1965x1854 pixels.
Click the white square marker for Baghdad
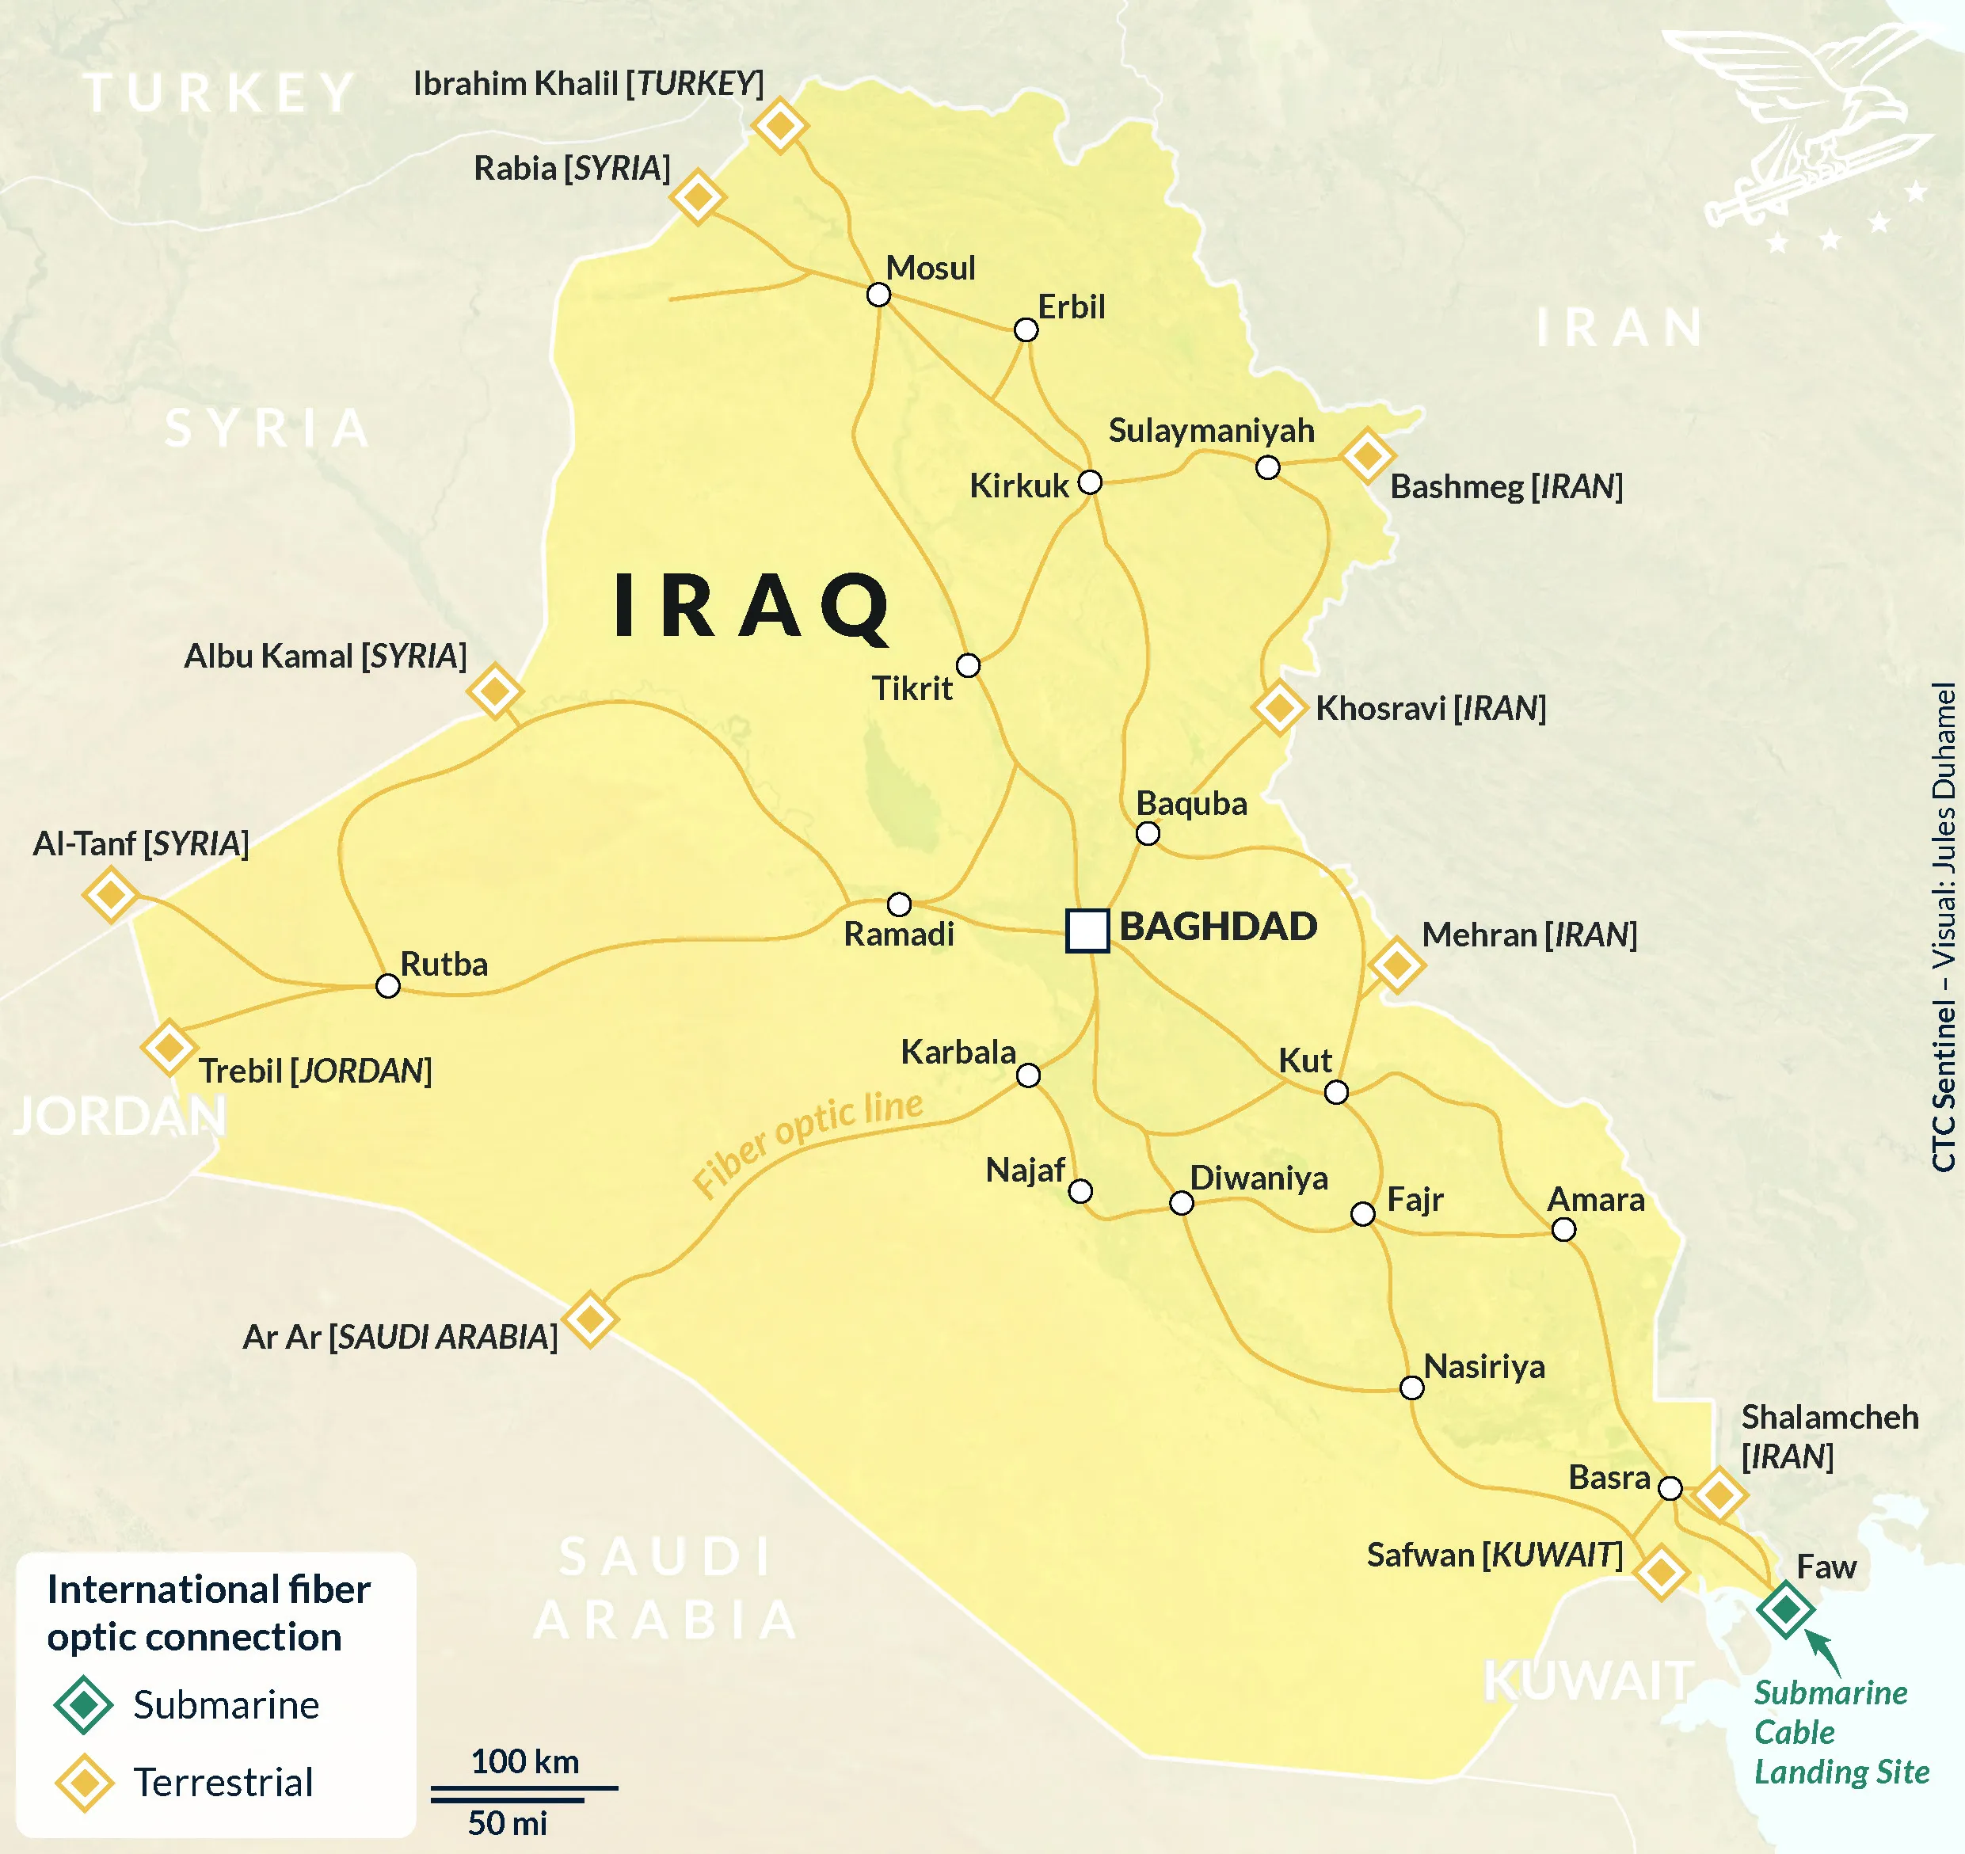(x=1087, y=930)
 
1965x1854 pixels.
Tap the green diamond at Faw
(x=1785, y=1610)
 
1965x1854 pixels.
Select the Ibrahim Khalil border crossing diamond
(x=780, y=125)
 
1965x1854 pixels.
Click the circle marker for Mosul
(x=878, y=295)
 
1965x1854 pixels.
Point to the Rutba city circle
(x=388, y=985)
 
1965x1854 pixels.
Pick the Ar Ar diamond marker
(x=590, y=1319)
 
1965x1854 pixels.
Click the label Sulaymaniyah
(x=1211, y=430)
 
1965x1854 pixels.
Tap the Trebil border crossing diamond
(x=168, y=1046)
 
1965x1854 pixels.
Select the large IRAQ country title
(x=751, y=607)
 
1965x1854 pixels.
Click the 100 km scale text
(x=525, y=1762)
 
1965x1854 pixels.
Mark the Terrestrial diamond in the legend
(x=84, y=1783)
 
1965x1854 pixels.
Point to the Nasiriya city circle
(x=1412, y=1388)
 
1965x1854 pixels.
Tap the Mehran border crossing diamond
(x=1396, y=964)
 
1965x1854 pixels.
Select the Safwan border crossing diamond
(x=1661, y=1571)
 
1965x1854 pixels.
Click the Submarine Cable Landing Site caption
(x=1841, y=1733)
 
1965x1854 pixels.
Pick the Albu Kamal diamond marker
(x=494, y=691)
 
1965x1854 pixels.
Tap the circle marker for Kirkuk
(x=1089, y=482)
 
